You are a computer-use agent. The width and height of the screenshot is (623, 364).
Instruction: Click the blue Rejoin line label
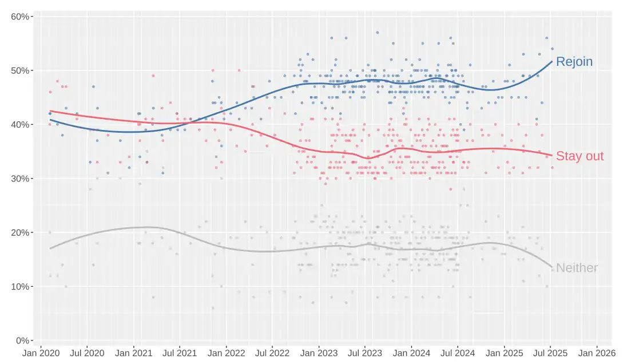pos(574,62)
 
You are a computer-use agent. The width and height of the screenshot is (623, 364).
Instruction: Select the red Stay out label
pos(580,156)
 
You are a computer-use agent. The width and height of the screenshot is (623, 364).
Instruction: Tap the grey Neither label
pos(577,268)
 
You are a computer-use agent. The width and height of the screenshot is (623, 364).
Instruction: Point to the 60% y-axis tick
pos(21,17)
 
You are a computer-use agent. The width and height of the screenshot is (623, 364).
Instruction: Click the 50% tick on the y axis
pos(21,70)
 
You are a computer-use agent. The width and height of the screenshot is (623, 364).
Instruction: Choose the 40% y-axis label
pos(21,125)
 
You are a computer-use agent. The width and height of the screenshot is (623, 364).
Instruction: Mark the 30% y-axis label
pos(21,179)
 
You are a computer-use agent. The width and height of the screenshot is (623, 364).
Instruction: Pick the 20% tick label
pos(21,232)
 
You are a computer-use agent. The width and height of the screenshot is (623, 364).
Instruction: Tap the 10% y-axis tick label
pos(21,287)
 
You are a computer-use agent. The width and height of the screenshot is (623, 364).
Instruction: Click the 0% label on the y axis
pos(23,341)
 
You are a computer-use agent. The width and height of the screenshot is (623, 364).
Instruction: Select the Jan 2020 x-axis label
pos(41,354)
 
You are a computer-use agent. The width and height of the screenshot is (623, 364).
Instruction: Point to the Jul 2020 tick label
pos(87,354)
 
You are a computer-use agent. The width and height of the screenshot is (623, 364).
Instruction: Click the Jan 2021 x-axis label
pos(134,354)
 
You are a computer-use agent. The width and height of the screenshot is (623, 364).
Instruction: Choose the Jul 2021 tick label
pos(180,354)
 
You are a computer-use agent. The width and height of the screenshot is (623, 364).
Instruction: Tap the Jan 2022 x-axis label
pos(226,354)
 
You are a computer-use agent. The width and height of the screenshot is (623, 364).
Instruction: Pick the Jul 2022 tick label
pos(272,354)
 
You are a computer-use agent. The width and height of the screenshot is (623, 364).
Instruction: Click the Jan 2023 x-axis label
pos(319,354)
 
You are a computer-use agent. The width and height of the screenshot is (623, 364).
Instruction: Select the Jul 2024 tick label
pos(458,354)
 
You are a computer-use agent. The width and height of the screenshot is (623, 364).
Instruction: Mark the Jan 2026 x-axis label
pos(597,354)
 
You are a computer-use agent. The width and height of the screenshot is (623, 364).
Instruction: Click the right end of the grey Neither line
pos(551,267)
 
